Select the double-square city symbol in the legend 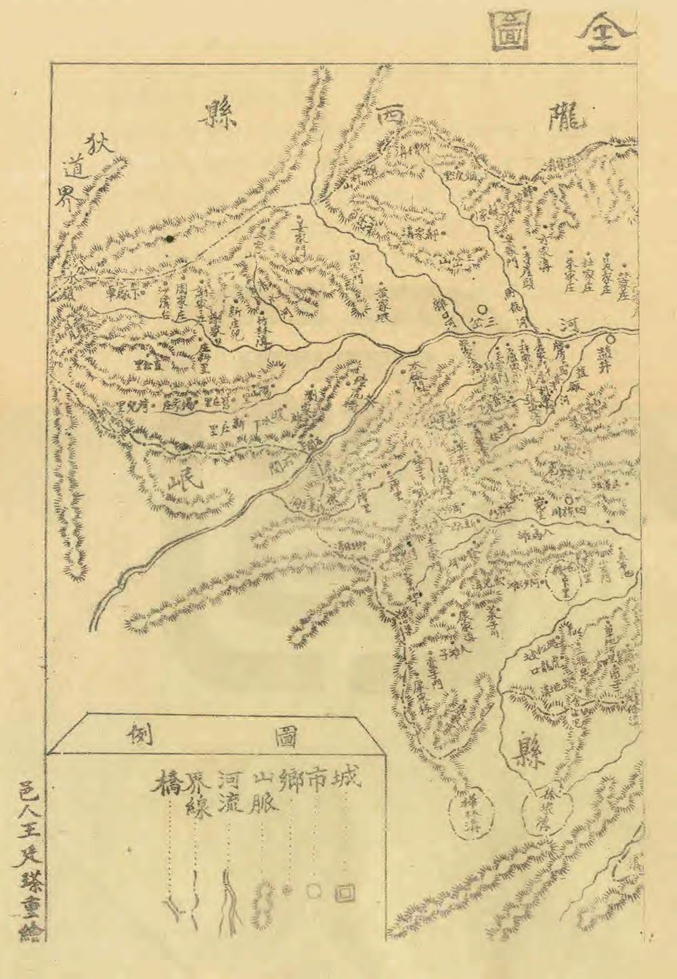345,893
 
